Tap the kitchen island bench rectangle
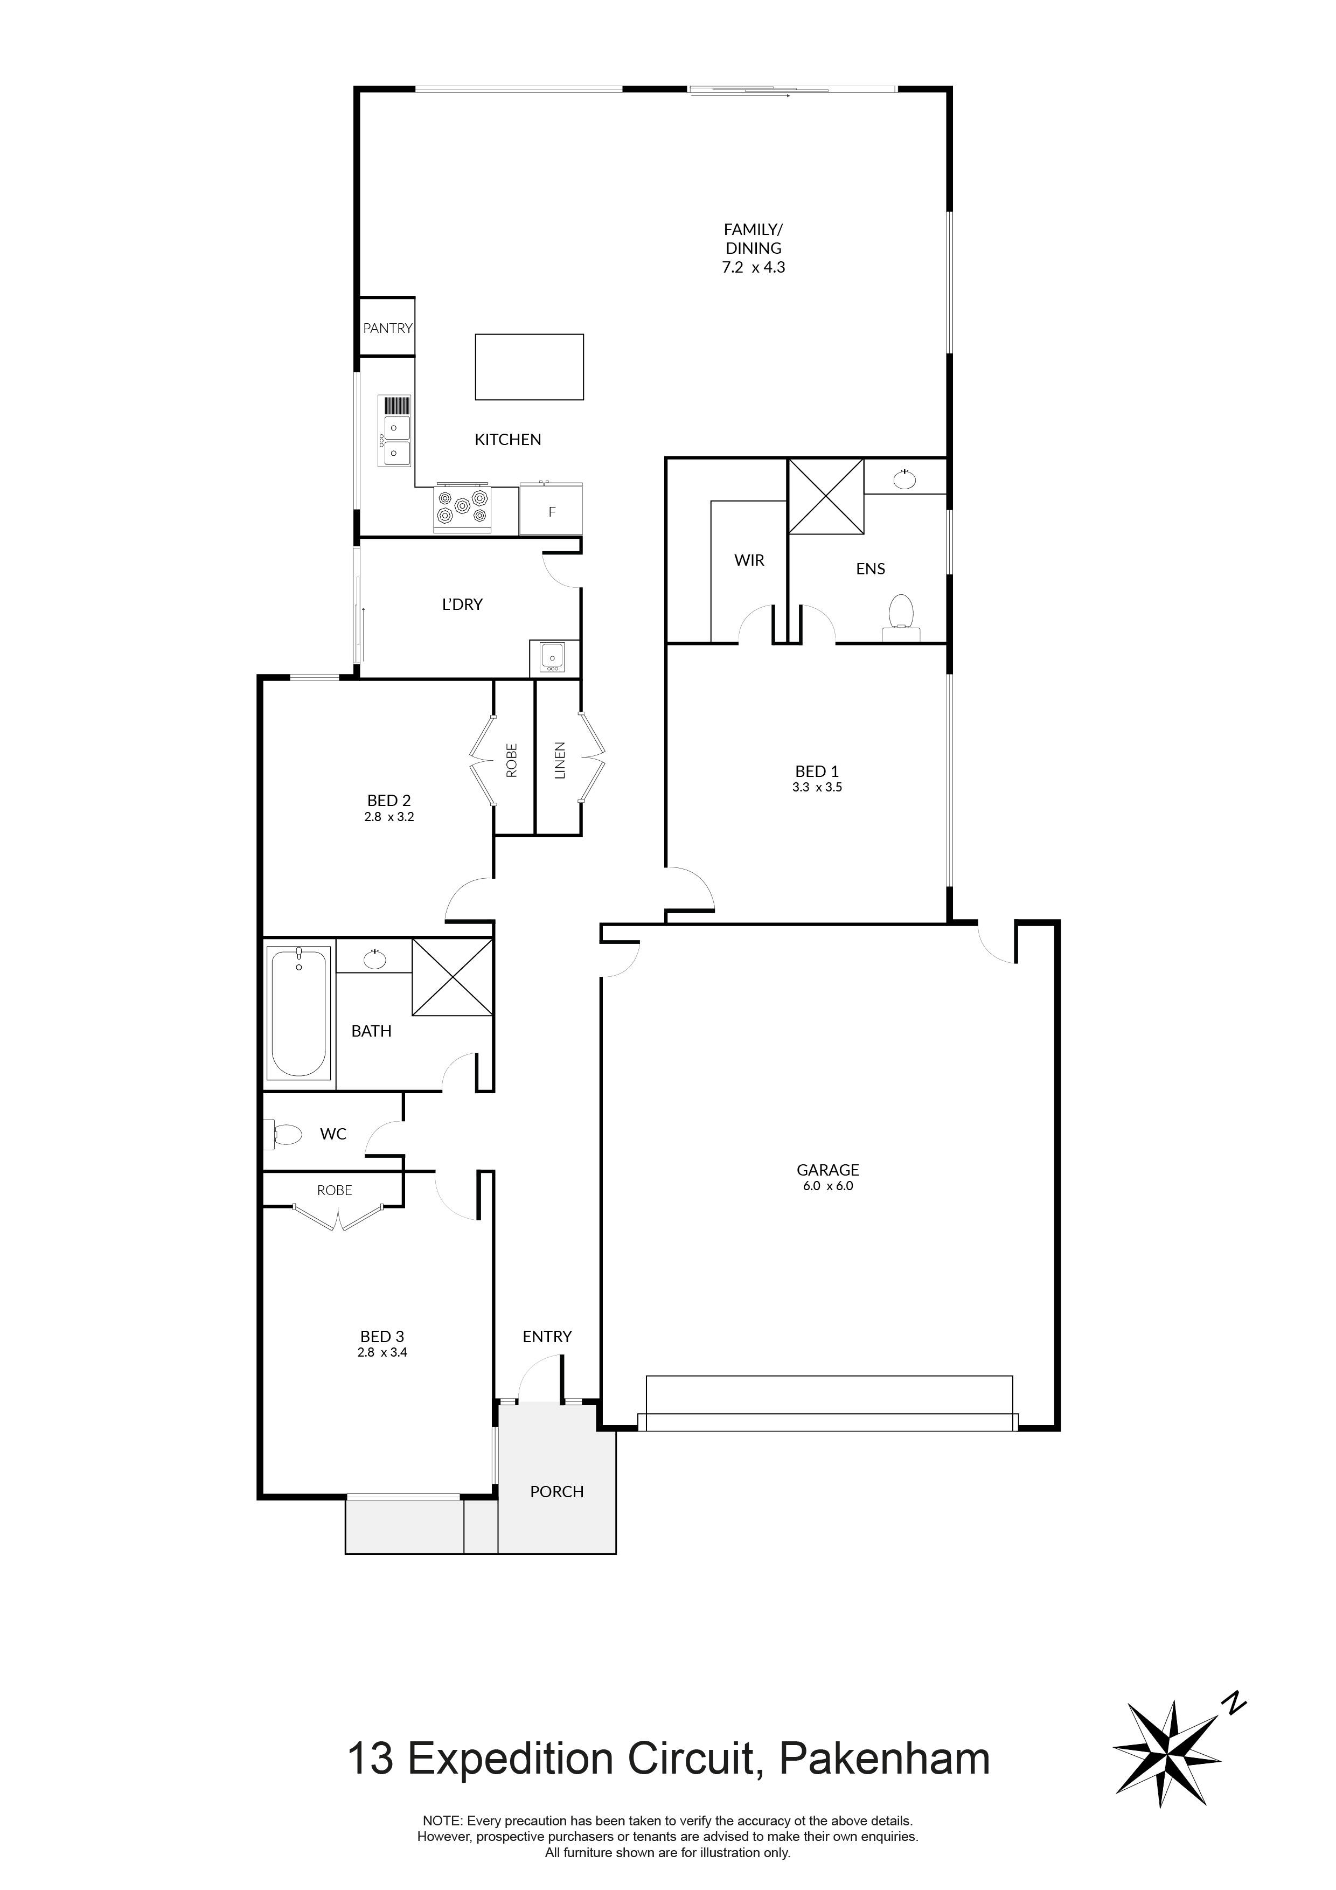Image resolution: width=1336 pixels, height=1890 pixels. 530,367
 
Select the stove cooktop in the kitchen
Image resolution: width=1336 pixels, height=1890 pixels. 463,508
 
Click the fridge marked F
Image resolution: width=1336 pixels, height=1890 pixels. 552,510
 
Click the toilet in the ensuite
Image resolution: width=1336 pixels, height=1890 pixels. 901,616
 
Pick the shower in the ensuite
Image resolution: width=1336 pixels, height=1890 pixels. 826,496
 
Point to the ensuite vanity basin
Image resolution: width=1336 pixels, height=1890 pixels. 904,478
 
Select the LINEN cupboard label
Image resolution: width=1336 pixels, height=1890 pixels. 560,761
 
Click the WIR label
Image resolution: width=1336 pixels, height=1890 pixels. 749,560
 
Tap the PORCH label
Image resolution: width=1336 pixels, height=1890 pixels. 556,1492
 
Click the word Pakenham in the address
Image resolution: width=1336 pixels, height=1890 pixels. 883,1759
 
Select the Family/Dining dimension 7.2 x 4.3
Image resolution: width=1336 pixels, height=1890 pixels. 753,267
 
